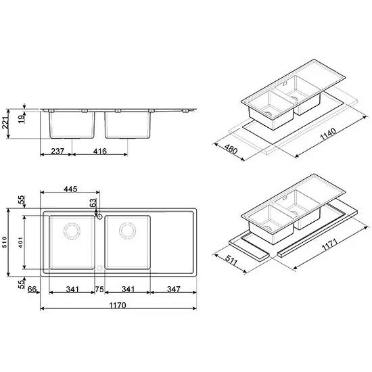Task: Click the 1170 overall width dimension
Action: [118, 305]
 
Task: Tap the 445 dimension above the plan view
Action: [70, 189]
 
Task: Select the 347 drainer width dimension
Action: [174, 289]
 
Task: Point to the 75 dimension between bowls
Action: [99, 289]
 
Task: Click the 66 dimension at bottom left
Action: [32, 289]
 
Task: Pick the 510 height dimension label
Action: [5, 242]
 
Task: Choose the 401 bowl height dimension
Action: [21, 242]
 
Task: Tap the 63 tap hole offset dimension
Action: [93, 203]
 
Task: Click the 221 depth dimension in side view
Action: [5, 123]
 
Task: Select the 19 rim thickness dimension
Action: [22, 118]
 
